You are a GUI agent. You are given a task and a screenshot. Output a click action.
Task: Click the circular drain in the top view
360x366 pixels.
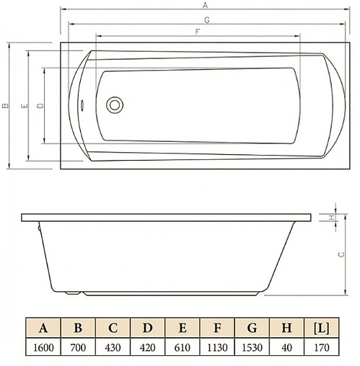click(x=115, y=105)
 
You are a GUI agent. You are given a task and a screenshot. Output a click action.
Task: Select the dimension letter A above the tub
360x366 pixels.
click(x=205, y=5)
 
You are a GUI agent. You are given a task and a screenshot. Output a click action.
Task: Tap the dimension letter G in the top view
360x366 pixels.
click(x=206, y=19)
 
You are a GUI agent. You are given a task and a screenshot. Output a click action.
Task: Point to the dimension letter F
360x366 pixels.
click(x=196, y=32)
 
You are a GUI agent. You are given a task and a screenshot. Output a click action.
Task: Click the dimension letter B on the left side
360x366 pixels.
click(x=5, y=105)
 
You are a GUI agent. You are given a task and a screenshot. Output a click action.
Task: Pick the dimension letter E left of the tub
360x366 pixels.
click(x=24, y=106)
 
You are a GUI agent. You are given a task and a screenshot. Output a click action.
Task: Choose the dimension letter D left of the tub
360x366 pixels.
click(x=39, y=106)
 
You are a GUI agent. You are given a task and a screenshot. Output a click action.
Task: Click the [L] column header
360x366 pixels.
click(x=321, y=329)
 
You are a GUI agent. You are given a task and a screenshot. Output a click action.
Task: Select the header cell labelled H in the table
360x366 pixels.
click(x=286, y=329)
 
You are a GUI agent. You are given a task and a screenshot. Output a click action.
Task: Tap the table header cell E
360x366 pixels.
click(x=182, y=329)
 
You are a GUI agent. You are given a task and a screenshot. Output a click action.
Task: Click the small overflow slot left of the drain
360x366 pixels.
click(x=83, y=105)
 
